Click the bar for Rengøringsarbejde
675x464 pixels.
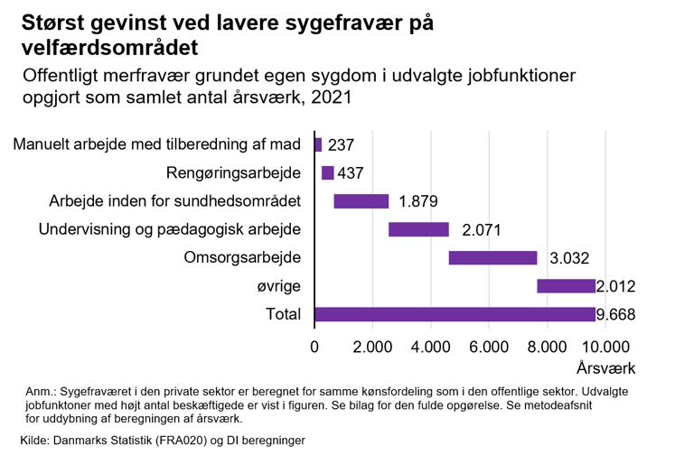pyautogui.click(x=327, y=173)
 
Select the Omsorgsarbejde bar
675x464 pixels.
pyautogui.click(x=492, y=258)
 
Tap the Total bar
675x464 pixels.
pyautogui.click(x=455, y=314)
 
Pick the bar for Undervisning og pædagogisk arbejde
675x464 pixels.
pyautogui.click(x=418, y=229)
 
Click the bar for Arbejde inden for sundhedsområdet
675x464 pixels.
pyautogui.click(x=361, y=201)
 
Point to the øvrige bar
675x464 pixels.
pyautogui.click(x=566, y=286)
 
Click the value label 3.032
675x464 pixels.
pyautogui.click(x=569, y=258)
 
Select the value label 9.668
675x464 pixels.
pyautogui.click(x=615, y=315)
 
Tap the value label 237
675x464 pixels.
pyautogui.click(x=342, y=145)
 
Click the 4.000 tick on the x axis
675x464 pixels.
pyautogui.click(x=430, y=346)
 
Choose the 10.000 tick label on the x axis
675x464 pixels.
pyautogui.click(x=604, y=346)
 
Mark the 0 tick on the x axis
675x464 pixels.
pyautogui.click(x=314, y=346)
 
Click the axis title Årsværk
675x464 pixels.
pyautogui.click(x=605, y=368)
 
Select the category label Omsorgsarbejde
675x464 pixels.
pyautogui.click(x=242, y=258)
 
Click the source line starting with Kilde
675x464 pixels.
pyautogui.click(x=163, y=441)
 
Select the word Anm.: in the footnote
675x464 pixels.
pyautogui.click(x=41, y=393)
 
